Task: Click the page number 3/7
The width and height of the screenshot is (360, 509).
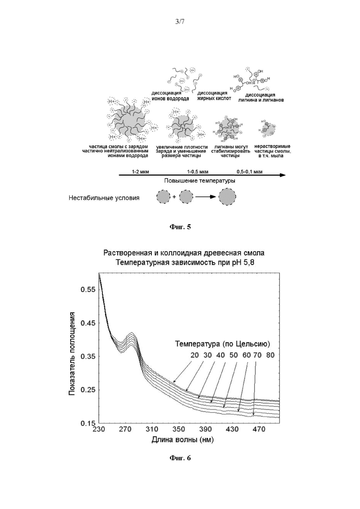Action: (x=180, y=22)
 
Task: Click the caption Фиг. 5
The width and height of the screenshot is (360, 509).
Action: (x=180, y=227)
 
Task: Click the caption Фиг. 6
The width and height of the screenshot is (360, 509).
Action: (x=180, y=458)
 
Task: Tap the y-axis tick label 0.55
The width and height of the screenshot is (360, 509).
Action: (x=88, y=289)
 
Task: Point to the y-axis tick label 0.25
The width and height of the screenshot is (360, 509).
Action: (x=88, y=389)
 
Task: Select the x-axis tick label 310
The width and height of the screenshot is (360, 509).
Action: (x=151, y=429)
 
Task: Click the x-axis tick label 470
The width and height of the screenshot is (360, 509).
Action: (x=259, y=429)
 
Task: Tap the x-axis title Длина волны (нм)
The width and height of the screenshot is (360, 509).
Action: (x=182, y=440)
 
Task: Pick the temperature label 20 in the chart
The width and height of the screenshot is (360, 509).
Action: (x=194, y=355)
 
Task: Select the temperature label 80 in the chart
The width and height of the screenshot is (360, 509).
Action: (x=270, y=355)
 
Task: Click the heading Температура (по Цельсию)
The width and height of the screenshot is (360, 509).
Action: (x=222, y=344)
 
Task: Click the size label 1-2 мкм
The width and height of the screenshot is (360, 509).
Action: (x=140, y=172)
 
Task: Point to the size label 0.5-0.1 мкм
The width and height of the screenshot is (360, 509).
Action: (x=250, y=172)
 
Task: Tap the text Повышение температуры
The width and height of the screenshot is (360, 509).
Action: (x=200, y=181)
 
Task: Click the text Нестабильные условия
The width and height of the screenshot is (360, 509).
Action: (x=104, y=198)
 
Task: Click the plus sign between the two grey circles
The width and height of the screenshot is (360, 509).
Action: (x=174, y=197)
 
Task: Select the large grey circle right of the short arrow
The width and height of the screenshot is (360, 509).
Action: (x=227, y=197)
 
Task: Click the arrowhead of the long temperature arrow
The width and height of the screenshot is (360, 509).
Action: (x=283, y=175)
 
